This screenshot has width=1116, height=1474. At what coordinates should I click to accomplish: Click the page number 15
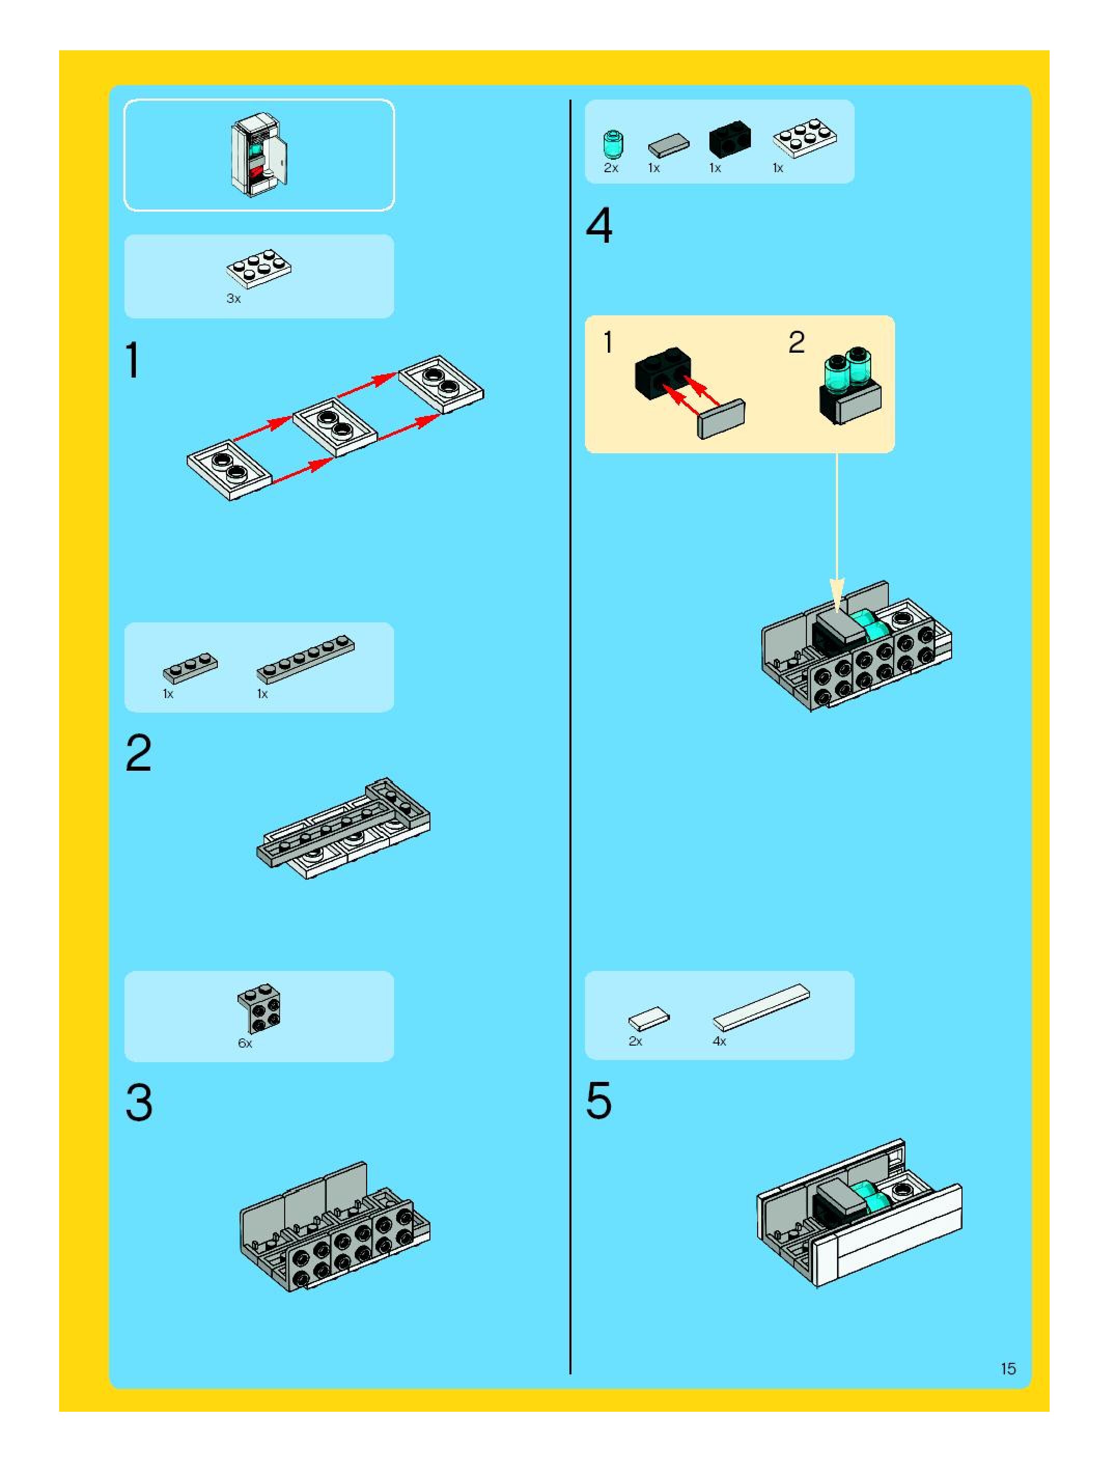1008,1369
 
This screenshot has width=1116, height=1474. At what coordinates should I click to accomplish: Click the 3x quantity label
233,299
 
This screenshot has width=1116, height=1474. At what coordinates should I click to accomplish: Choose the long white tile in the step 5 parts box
761,1008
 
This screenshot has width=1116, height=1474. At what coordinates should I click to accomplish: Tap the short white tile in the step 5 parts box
649,1018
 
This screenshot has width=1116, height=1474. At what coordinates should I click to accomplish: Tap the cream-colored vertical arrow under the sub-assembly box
837,533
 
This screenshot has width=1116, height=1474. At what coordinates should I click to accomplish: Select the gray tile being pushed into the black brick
721,419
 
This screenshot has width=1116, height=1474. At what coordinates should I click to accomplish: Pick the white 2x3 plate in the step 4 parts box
805,138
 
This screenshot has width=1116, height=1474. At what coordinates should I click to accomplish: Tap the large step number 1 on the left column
133,360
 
